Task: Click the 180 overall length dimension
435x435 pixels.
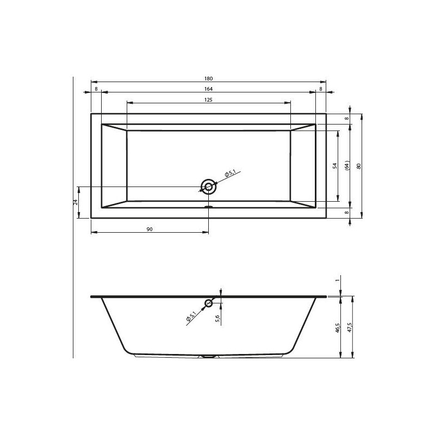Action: [208, 79]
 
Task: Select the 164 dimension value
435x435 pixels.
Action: [208, 89]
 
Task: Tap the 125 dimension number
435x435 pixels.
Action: [208, 100]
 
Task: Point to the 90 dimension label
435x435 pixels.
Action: [150, 229]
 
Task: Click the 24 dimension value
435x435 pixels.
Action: [76, 202]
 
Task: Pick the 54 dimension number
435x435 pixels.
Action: [335, 166]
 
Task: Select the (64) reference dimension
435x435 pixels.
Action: [347, 166]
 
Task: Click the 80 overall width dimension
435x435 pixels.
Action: [359, 166]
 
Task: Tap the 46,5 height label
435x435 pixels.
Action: [338, 328]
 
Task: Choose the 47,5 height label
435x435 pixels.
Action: [350, 328]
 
